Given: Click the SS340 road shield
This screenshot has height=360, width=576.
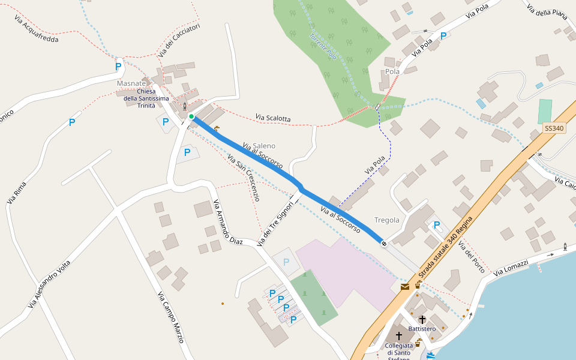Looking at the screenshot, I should [554, 128].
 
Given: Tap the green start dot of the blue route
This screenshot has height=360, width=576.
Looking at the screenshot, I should [191, 116].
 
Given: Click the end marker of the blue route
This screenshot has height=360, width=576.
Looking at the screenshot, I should [383, 242].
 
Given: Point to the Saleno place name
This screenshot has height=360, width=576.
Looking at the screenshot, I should [264, 146].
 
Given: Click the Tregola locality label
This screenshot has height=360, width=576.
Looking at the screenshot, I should [386, 220].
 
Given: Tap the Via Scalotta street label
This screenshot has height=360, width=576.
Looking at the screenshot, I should [272, 118].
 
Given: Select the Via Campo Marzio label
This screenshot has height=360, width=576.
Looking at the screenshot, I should [170, 317].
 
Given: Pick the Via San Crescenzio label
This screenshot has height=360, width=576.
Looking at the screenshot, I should [244, 177].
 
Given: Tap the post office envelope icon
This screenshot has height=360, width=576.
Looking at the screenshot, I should [405, 287].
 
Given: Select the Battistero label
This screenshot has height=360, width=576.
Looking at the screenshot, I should [422, 329].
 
